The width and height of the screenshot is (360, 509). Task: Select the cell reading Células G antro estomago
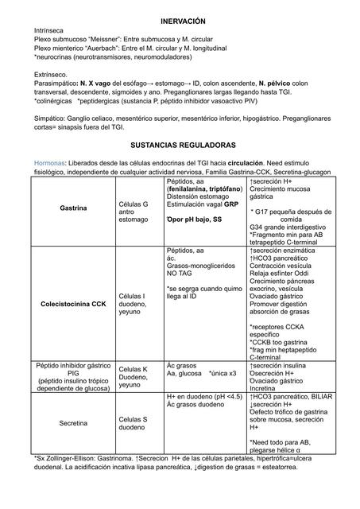pos(134,212)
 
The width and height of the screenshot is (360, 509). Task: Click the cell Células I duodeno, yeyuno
pos(134,304)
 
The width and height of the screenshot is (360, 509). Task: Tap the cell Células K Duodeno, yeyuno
pos(134,376)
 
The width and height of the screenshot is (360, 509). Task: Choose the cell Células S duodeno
pos(134,423)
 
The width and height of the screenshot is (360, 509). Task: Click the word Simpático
pos(51,117)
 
